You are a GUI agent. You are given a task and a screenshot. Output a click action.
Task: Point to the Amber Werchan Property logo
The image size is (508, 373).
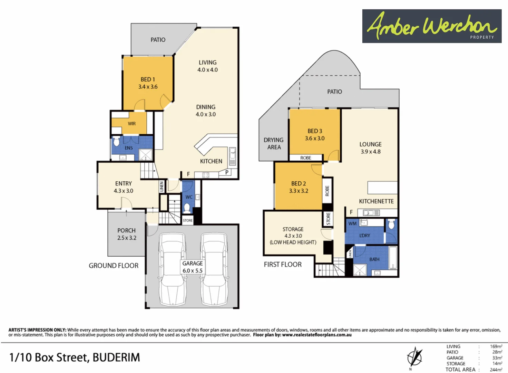pos(432,26)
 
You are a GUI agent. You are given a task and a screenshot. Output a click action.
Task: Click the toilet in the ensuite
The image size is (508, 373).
pos(117,141)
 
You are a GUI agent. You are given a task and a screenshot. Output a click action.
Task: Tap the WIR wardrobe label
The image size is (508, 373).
pos(132,124)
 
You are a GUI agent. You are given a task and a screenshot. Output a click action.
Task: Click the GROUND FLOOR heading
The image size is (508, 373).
pos(114,266)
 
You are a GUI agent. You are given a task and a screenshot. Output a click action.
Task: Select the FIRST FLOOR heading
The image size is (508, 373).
pos(283,265)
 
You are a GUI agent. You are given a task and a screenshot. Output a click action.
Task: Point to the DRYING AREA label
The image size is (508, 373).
pos(274,143)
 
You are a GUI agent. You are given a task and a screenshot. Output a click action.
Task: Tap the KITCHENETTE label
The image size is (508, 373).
pos(376,201)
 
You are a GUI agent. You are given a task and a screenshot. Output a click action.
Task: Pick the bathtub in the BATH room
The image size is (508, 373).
pos(393,257)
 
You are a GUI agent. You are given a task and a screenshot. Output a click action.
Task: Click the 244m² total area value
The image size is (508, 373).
pos(496,370)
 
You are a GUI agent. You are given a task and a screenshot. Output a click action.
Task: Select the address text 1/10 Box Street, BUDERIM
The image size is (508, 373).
pos(75,357)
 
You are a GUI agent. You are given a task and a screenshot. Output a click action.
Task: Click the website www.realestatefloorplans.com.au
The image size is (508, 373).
pos(317,335)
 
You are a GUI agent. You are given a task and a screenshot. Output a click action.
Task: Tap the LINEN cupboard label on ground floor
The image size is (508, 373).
pos(162,186)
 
